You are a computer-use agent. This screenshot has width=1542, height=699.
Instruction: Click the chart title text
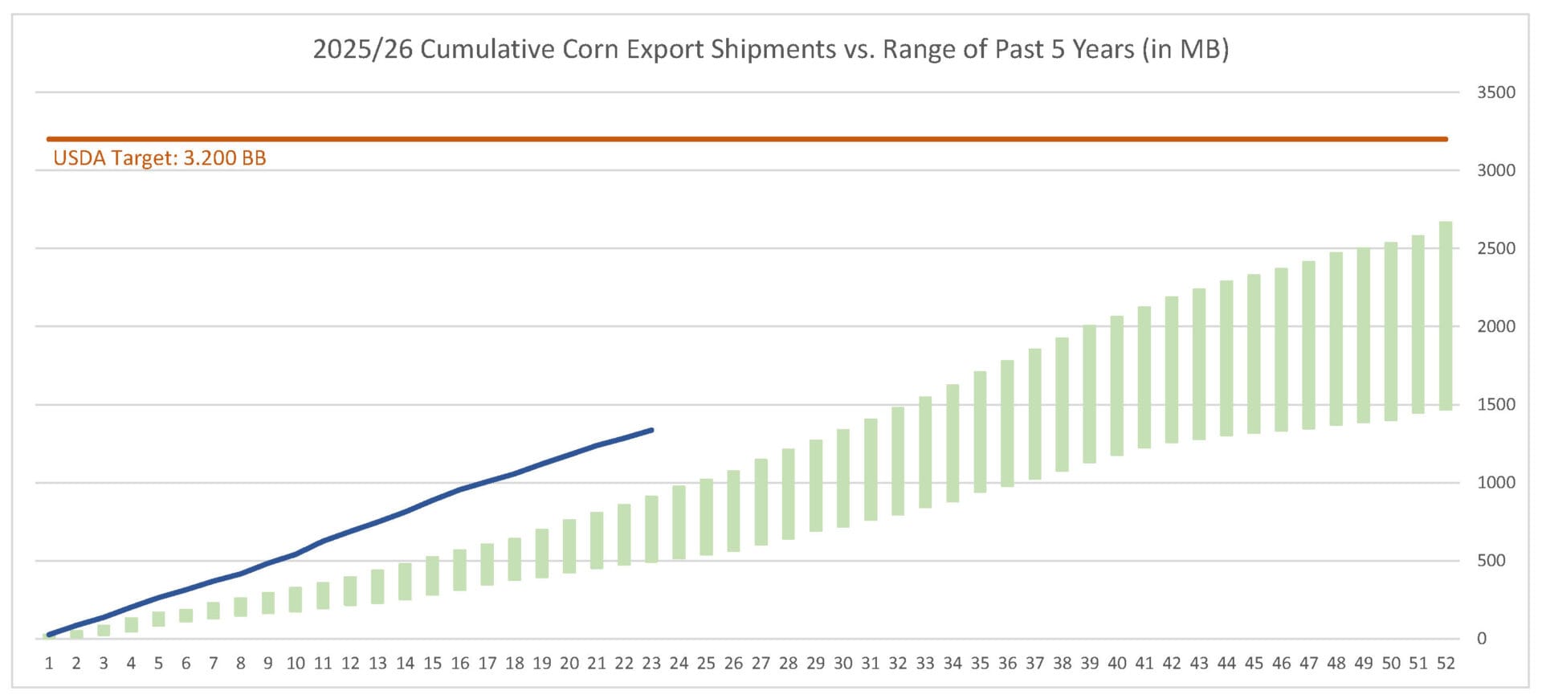tap(770, 49)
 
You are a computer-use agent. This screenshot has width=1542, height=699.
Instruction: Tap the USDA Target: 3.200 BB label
tap(159, 157)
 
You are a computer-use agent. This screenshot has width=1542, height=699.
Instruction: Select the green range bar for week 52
tap(1446, 316)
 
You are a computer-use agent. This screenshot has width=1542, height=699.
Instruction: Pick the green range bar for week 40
tap(1117, 386)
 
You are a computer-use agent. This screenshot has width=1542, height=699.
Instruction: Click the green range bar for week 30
tap(843, 478)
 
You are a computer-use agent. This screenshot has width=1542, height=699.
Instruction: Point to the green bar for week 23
tap(651, 529)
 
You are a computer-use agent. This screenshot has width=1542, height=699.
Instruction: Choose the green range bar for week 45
tap(1254, 354)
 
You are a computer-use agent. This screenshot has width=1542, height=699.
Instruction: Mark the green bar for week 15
tap(432, 575)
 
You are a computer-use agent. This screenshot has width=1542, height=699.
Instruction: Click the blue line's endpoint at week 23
tap(651, 430)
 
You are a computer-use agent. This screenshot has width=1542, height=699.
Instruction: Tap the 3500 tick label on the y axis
tap(1496, 92)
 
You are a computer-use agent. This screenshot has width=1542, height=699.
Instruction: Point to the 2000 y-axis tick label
tap(1496, 326)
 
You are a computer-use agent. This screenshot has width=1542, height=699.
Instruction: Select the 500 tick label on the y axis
tap(1491, 561)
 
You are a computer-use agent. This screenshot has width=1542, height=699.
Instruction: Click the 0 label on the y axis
tap(1482, 639)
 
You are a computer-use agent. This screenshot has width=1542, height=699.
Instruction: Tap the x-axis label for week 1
tap(49, 664)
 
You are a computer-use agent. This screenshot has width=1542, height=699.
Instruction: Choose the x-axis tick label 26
tap(733, 664)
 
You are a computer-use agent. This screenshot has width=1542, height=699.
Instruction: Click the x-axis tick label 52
tap(1446, 664)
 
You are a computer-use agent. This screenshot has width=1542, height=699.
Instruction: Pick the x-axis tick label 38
tap(1062, 664)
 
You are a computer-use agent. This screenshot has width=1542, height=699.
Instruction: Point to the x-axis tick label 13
tap(377, 664)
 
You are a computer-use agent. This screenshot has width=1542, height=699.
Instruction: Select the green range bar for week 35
tap(980, 431)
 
